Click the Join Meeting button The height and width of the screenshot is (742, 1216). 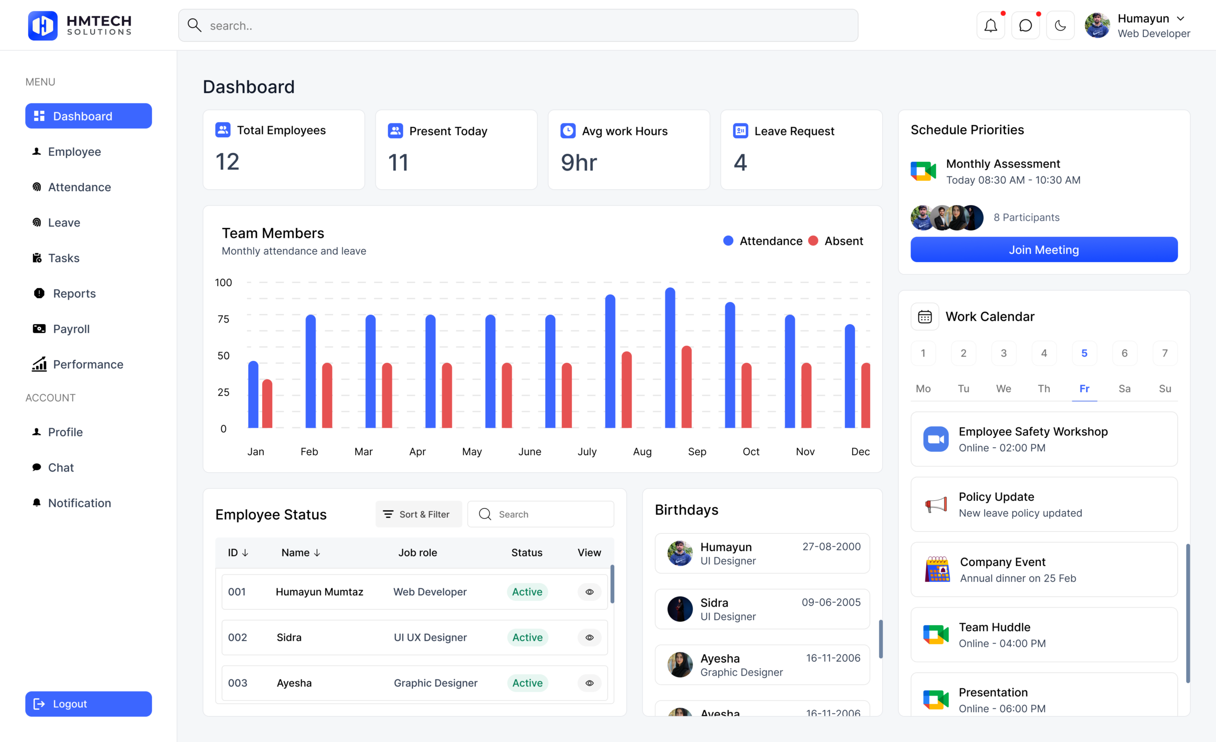(x=1044, y=250)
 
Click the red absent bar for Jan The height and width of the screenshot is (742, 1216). (x=267, y=404)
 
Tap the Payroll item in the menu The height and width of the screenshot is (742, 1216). (x=71, y=329)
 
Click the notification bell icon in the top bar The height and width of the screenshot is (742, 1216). (x=990, y=26)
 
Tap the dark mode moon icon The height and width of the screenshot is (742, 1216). (x=1060, y=26)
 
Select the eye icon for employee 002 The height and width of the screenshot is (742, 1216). (x=589, y=638)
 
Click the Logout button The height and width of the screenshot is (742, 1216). (x=88, y=704)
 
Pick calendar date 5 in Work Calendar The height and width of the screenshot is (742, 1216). (x=1084, y=353)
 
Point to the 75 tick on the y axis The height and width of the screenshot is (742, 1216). (x=224, y=319)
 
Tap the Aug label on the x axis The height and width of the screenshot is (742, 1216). (x=642, y=451)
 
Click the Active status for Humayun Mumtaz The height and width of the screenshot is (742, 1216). (x=527, y=592)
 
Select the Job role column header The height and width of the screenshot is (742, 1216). (x=418, y=553)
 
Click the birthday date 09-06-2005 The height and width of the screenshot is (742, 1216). (x=831, y=602)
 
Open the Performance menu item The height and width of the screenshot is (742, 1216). (x=88, y=365)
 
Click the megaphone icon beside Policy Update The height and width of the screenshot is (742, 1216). (x=936, y=504)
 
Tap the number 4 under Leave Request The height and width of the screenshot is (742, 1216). (x=740, y=163)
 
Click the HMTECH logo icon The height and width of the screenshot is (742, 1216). (x=43, y=25)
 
